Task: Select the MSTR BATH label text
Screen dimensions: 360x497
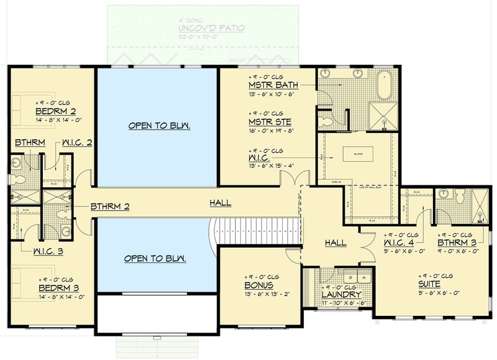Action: (x=273, y=85)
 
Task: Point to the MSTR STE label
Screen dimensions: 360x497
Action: (x=270, y=122)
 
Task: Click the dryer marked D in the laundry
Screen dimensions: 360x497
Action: (x=352, y=276)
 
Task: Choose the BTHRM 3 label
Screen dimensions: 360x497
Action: (x=457, y=242)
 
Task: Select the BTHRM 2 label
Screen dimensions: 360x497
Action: (x=110, y=206)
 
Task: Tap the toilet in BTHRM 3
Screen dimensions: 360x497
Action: (x=458, y=196)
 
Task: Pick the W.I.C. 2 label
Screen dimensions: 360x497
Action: (x=78, y=142)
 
